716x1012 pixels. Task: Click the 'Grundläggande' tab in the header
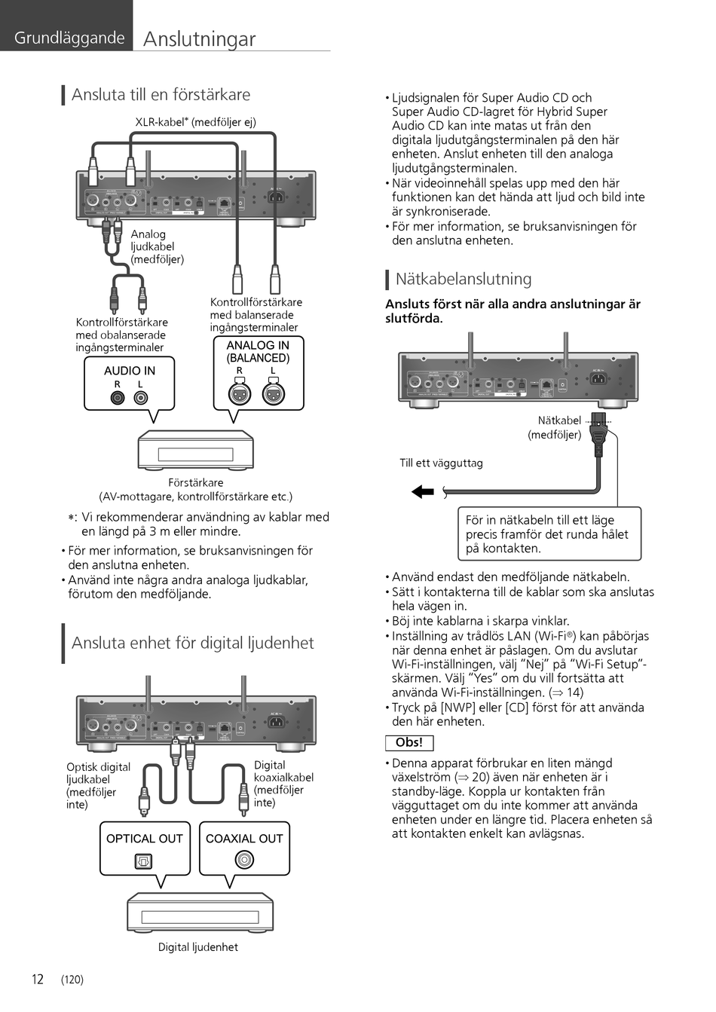click(x=69, y=38)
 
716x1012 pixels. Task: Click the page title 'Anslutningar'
click(x=199, y=39)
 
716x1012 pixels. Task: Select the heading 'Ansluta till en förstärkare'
click(x=161, y=95)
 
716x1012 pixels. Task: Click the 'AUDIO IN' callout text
click(x=130, y=371)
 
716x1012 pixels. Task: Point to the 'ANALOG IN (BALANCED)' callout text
click(x=258, y=352)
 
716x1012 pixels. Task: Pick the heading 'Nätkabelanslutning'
click(x=463, y=279)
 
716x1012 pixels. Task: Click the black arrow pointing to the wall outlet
click(x=423, y=492)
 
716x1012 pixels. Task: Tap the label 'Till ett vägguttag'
click(x=441, y=463)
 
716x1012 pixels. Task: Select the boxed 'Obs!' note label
click(x=409, y=742)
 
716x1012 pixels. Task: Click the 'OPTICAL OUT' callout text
click(x=145, y=839)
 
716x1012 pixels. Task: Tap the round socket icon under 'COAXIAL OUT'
click(x=244, y=860)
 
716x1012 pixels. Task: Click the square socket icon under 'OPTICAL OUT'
click(x=143, y=861)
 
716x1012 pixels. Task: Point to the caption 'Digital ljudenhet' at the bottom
click(x=197, y=947)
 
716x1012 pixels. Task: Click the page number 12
click(x=37, y=980)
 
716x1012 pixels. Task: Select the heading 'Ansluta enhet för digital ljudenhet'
click(x=192, y=643)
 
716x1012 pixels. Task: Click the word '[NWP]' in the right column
click(x=459, y=708)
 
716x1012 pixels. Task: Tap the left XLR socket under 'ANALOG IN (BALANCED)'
click(x=240, y=393)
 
